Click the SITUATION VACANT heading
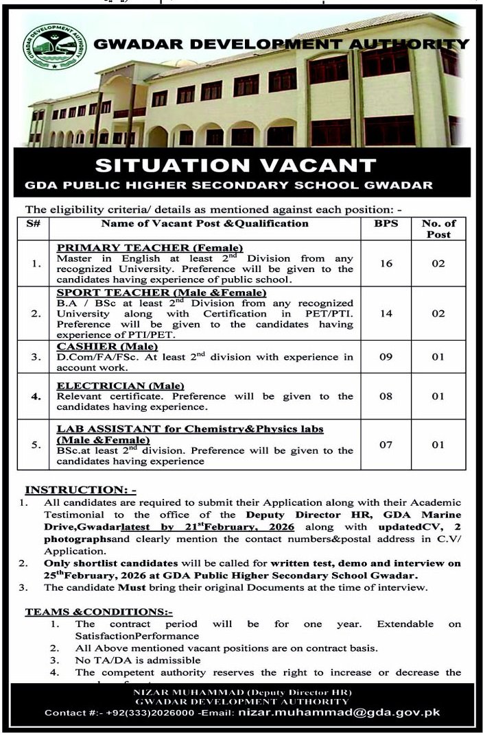(x=235, y=165)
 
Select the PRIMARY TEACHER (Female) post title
(x=150, y=247)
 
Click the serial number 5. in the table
(x=34, y=445)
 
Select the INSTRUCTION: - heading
(x=81, y=490)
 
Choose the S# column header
(x=34, y=223)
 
